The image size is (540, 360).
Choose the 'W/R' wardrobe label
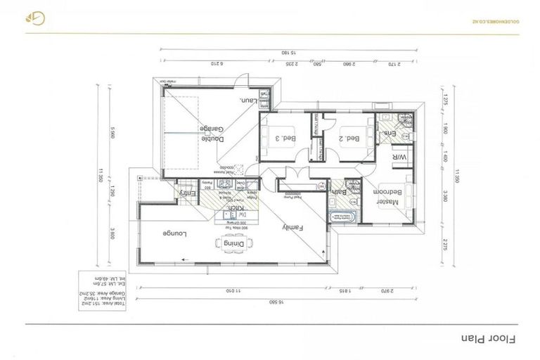(397, 157)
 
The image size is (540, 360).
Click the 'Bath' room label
(338, 191)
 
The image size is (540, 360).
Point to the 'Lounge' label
(174, 233)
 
